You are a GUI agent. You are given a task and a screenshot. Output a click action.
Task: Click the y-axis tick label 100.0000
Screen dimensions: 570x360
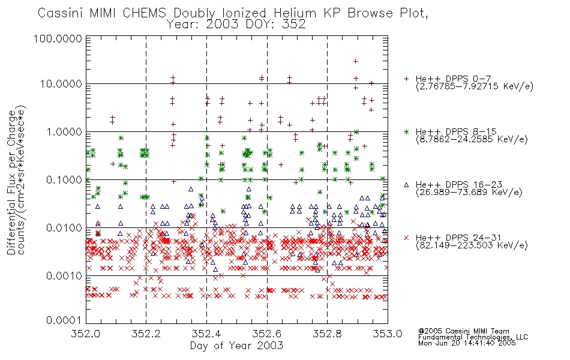tap(58, 38)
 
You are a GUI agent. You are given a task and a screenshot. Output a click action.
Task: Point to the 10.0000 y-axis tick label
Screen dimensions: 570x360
tap(61, 84)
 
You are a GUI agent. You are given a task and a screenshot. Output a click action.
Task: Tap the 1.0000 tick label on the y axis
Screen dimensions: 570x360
tap(64, 131)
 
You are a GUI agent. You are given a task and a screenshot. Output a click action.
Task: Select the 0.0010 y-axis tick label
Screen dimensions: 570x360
tap(64, 275)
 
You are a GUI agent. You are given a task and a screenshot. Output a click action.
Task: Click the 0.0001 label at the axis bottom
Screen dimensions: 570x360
tap(64, 320)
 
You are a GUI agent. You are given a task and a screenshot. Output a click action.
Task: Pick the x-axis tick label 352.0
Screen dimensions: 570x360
tap(85, 334)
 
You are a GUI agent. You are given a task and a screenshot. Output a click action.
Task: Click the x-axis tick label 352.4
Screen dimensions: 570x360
tap(206, 334)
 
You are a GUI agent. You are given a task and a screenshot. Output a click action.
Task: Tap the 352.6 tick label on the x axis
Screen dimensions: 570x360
tap(267, 334)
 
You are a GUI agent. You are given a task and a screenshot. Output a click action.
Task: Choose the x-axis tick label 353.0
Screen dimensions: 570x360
tap(388, 334)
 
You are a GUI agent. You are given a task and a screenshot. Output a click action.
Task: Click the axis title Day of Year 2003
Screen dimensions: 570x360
tap(236, 346)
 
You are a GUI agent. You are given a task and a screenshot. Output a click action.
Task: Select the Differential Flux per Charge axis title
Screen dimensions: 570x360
tap(11, 182)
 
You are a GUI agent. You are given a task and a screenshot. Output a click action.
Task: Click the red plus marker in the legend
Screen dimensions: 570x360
tap(407, 79)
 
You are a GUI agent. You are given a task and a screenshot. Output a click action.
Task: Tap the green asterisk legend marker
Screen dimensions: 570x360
tap(407, 131)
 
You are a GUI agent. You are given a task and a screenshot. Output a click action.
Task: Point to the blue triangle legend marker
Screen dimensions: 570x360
tap(407, 185)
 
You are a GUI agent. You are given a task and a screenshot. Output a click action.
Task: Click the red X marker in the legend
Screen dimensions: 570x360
tap(407, 238)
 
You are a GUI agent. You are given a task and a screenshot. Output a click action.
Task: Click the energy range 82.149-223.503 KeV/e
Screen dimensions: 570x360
tap(472, 245)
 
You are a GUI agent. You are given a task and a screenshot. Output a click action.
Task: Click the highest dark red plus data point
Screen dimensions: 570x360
tap(356, 61)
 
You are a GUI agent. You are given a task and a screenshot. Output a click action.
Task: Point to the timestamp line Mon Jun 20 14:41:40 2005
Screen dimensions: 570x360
tap(467, 343)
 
